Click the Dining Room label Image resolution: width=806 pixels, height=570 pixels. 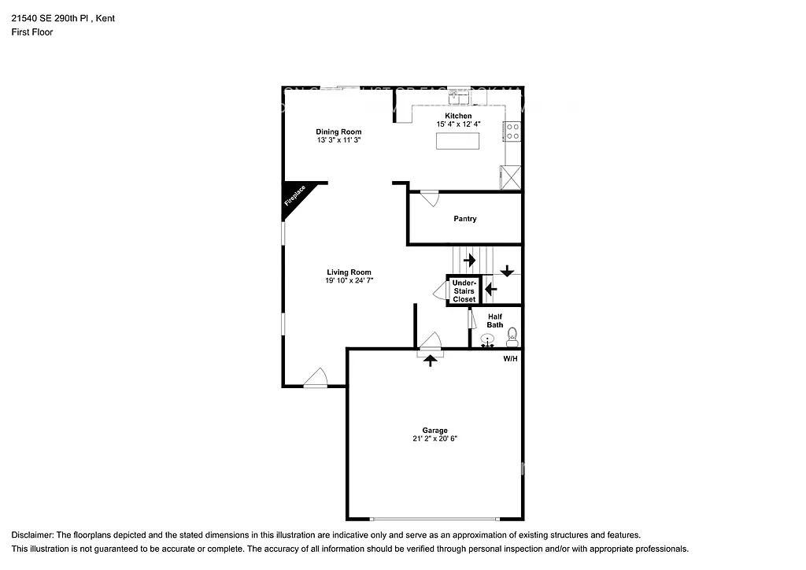pyautogui.click(x=338, y=131)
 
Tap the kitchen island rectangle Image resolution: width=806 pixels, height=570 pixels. pyautogui.click(x=457, y=142)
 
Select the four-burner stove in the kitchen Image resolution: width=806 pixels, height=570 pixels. pyautogui.click(x=512, y=131)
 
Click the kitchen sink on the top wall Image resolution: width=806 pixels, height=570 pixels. pyautogui.click(x=459, y=97)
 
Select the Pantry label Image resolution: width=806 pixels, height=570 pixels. pyautogui.click(x=464, y=219)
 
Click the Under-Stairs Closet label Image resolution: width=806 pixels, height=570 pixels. pyautogui.click(x=464, y=291)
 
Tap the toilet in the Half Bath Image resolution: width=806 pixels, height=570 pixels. pyautogui.click(x=512, y=337)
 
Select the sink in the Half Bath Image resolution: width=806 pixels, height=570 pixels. pyautogui.click(x=488, y=341)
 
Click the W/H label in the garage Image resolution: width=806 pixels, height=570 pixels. pyautogui.click(x=510, y=358)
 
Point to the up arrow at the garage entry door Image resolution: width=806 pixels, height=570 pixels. pyautogui.click(x=430, y=361)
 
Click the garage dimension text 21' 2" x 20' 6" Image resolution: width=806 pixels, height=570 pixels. pyautogui.click(x=434, y=439)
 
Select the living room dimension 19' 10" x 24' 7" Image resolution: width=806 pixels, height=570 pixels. pyautogui.click(x=349, y=280)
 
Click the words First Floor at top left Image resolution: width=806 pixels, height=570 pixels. pyautogui.click(x=32, y=32)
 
